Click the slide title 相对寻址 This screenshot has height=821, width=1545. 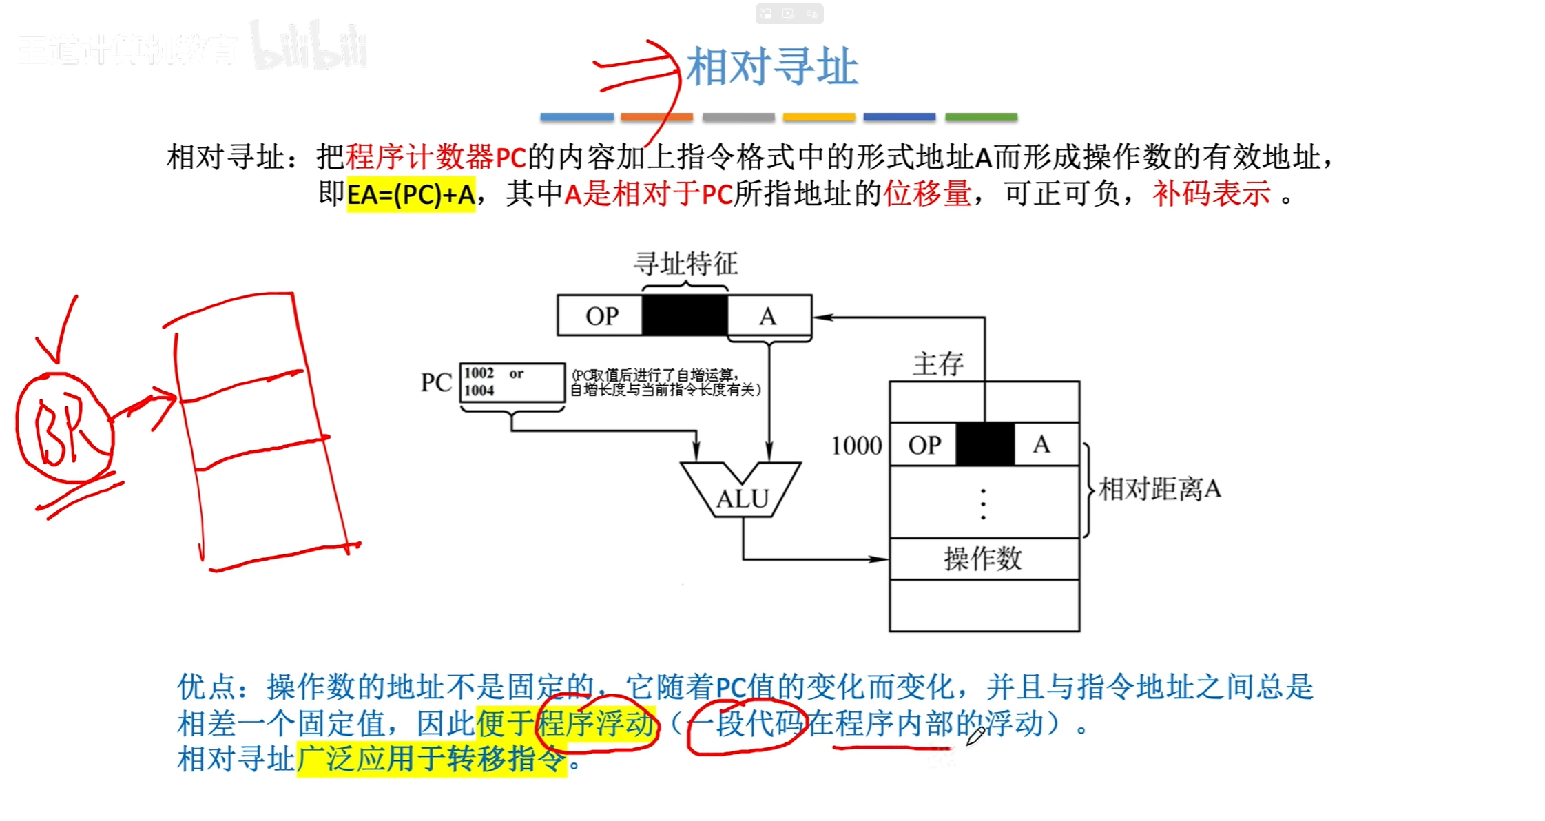[771, 67]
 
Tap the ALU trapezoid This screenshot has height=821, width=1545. [741, 490]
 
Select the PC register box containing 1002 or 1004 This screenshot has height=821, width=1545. [512, 382]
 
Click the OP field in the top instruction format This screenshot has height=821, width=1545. [601, 316]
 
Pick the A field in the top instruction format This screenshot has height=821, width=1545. [769, 316]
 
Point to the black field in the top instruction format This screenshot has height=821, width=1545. [684, 316]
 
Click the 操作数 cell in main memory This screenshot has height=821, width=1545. [983, 559]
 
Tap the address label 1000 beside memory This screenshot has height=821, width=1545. [856, 446]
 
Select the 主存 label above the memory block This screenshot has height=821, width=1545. [937, 364]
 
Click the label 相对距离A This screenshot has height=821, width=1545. [1160, 490]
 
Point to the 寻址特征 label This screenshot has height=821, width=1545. [685, 264]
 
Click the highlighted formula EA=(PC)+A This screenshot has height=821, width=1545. [411, 195]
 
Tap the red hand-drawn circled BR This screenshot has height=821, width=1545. [64, 428]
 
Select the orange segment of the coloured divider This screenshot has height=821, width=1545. [656, 117]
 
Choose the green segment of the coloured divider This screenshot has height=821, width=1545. [981, 117]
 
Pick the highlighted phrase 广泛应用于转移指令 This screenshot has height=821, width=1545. [431, 760]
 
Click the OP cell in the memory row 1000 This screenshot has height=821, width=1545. [924, 445]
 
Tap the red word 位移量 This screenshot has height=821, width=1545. [927, 194]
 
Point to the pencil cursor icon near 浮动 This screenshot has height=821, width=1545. [975, 737]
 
